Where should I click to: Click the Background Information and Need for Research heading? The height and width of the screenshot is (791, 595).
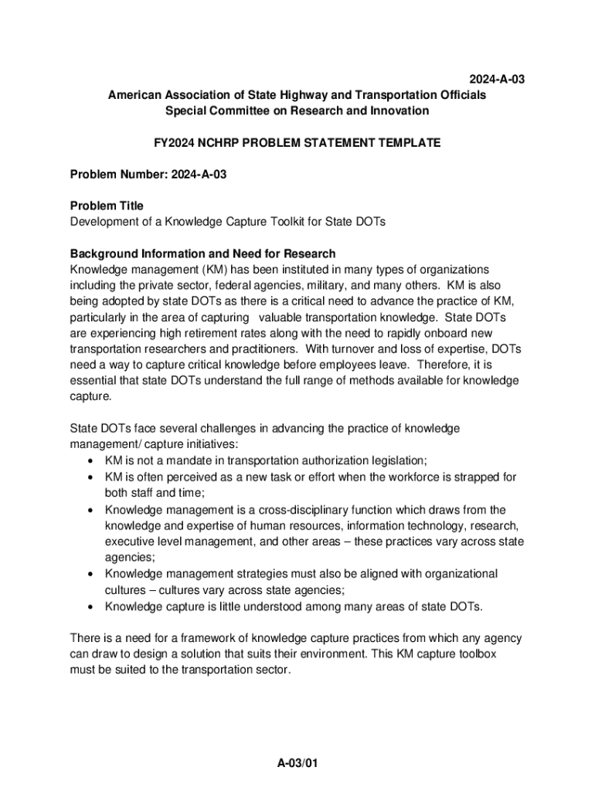tap(202, 253)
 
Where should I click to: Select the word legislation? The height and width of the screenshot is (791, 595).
tap(394, 460)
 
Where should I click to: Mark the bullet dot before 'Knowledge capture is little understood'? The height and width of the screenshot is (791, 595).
tap(90, 606)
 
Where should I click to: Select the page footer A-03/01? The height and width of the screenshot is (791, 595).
tap(298, 763)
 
